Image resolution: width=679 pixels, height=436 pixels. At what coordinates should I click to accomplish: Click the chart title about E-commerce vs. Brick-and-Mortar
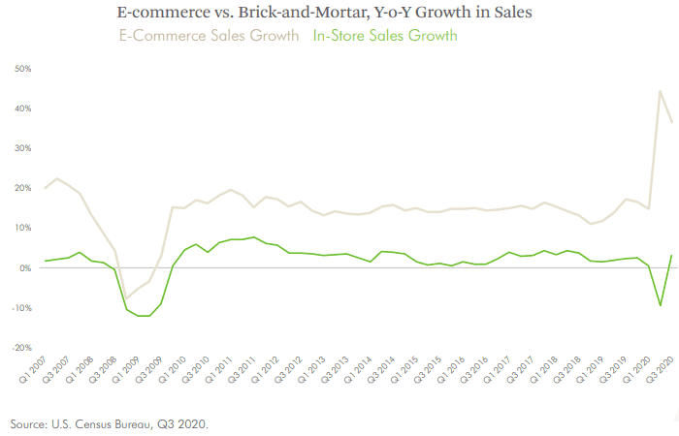tap(339, 14)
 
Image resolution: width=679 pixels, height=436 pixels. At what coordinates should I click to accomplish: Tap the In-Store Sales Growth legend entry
tap(384, 36)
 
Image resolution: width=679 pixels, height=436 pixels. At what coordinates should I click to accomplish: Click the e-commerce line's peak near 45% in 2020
tap(661, 91)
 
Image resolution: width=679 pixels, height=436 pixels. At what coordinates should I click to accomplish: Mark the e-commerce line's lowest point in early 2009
tap(126, 298)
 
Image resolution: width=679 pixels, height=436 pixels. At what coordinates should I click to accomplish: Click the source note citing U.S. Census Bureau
tap(110, 424)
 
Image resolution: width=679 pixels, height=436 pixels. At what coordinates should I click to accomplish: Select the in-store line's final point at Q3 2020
tap(672, 255)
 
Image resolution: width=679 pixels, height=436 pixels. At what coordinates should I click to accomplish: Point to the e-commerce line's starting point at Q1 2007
tap(46, 188)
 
